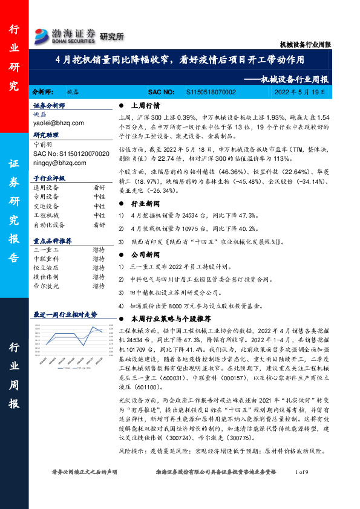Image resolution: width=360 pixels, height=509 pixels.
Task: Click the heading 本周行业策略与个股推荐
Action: pos(171,318)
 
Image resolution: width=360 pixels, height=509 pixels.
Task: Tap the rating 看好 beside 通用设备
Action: pos(99,188)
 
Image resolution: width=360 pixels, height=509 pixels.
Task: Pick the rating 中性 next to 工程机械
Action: pos(99,215)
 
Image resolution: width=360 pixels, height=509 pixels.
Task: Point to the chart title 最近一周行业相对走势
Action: pos(65,314)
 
